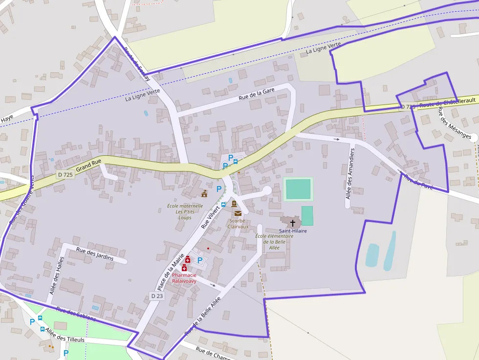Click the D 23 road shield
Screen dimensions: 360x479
[x=156, y=296]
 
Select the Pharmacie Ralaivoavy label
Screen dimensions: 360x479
[x=184, y=278]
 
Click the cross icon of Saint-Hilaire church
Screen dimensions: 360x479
[x=293, y=223]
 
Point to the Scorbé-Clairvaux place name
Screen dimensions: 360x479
[x=239, y=224]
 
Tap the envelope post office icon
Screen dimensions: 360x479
[x=238, y=213]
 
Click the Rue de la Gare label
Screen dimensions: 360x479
[x=257, y=93]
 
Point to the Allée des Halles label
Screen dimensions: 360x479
[x=57, y=275]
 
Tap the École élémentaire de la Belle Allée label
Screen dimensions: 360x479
[x=274, y=242]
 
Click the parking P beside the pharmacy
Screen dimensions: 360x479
[x=200, y=260]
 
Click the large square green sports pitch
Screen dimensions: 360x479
[x=298, y=189]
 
